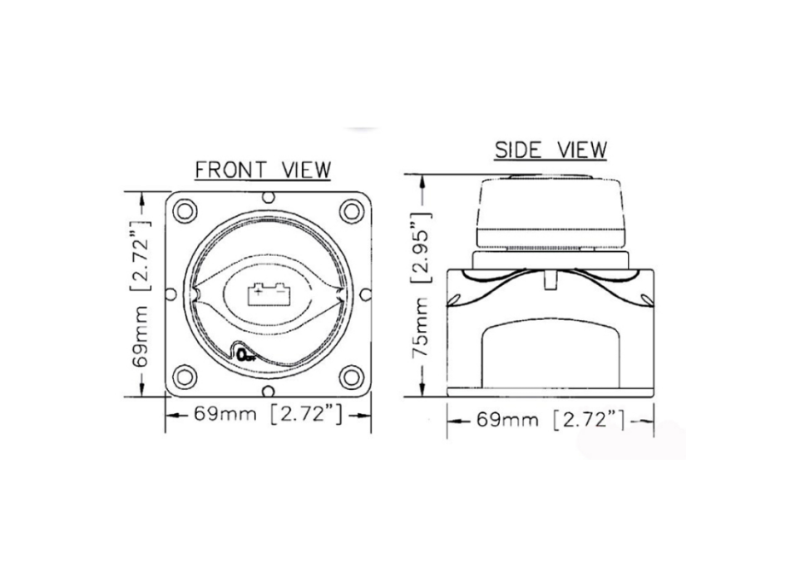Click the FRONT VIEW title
(263, 170)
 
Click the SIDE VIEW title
(551, 150)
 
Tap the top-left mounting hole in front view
(185, 210)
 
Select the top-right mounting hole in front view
(352, 210)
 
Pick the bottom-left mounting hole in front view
(185, 377)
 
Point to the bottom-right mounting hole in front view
(352, 377)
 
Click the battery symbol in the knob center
(267, 294)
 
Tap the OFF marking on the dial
(247, 355)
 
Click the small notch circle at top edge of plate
(269, 196)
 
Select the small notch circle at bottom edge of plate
(269, 391)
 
